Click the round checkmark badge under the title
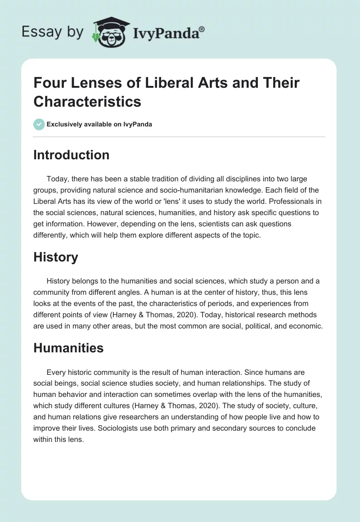39,124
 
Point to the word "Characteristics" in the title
87,102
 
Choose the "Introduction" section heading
71,155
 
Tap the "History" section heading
55,257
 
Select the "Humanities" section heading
68,347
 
